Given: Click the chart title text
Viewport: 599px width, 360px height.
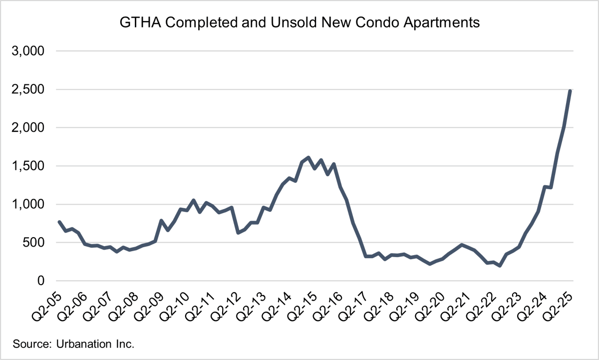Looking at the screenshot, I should [299, 22].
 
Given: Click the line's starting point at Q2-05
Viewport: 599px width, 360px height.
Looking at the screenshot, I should [59, 222].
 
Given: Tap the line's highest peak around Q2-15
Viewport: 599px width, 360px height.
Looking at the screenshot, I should [308, 158].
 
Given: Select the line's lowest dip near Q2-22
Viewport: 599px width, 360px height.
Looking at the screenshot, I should [500, 266].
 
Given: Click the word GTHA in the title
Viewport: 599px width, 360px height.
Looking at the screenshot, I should [135, 22].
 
